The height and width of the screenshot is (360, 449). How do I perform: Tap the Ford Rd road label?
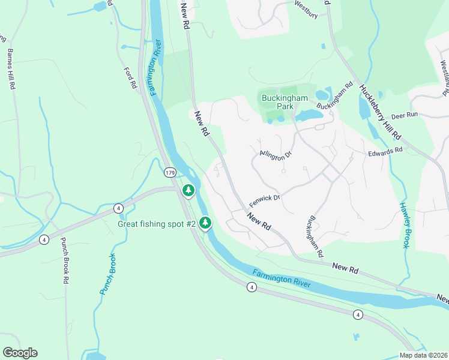tap(130, 77)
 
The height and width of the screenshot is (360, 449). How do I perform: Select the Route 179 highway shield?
tap(170, 173)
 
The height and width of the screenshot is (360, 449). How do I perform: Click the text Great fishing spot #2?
tap(157, 224)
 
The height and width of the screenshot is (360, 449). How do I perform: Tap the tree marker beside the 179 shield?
tap(188, 191)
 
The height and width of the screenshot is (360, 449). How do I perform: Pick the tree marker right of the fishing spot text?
tap(205, 223)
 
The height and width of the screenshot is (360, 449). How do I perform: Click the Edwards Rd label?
tap(385, 152)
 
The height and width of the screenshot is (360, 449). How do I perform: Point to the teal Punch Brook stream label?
tap(108, 274)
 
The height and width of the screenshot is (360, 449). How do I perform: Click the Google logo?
tap(20, 353)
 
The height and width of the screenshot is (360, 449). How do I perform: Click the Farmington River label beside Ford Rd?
tap(155, 67)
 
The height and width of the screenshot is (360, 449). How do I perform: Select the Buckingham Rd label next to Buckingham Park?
tap(333, 97)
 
